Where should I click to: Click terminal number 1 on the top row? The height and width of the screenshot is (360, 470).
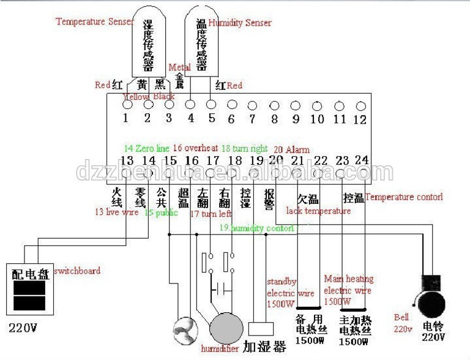[x=125, y=119]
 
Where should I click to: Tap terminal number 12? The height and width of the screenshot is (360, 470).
[x=360, y=119]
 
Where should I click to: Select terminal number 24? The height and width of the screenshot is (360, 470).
[x=362, y=160]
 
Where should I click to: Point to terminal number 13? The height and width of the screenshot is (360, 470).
[x=127, y=161]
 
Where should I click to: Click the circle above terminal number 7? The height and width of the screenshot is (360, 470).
[x=252, y=105]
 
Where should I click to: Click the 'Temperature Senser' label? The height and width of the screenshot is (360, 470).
[x=94, y=21]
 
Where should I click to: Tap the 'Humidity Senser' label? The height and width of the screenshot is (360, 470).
[x=240, y=23]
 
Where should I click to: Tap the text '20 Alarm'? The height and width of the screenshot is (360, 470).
[x=291, y=149]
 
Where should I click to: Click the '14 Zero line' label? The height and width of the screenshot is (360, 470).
[x=146, y=148]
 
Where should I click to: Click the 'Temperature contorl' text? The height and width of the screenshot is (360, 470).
[x=404, y=197]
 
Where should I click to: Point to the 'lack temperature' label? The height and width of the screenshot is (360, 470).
[x=318, y=211]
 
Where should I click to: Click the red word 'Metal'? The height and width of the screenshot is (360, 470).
[x=179, y=67]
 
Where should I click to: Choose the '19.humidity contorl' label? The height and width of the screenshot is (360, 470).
[x=257, y=228]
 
